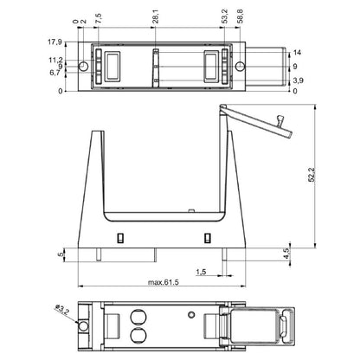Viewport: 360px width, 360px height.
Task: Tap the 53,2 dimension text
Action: tap(224, 19)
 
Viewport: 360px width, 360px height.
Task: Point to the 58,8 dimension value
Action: tap(240, 19)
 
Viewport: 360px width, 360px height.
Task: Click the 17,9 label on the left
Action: tap(54, 41)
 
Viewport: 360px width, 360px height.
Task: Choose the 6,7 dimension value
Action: tap(54, 73)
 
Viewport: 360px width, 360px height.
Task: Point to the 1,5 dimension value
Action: tap(200, 272)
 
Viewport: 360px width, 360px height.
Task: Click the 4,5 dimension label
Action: tap(286, 253)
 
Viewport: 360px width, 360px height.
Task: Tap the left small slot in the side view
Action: tap(120, 237)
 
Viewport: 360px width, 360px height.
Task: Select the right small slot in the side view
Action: tap(207, 237)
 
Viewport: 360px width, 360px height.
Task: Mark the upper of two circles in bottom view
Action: tap(136, 316)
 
